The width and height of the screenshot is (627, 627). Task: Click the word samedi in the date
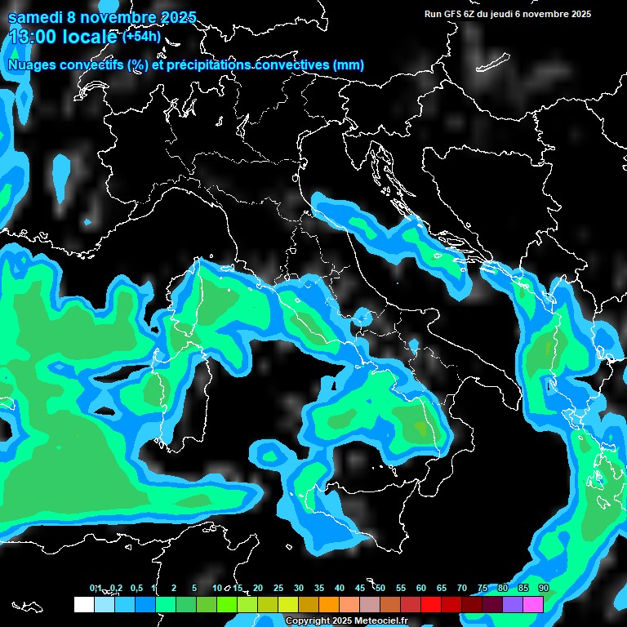(x=33, y=18)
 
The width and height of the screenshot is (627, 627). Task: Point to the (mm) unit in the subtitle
(x=348, y=64)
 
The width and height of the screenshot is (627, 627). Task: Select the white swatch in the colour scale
(x=83, y=604)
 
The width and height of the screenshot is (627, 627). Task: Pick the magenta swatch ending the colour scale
(x=533, y=604)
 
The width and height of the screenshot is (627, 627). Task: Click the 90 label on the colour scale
(x=544, y=588)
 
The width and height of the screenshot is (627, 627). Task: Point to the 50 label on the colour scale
(x=380, y=588)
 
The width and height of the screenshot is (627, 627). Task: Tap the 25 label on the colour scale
(x=278, y=588)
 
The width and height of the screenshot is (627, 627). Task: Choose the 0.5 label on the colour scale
(x=136, y=588)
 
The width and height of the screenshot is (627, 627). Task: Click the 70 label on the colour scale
(x=462, y=588)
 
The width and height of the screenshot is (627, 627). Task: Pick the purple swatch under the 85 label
(x=513, y=604)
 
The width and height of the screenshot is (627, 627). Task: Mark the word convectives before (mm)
(x=291, y=64)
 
